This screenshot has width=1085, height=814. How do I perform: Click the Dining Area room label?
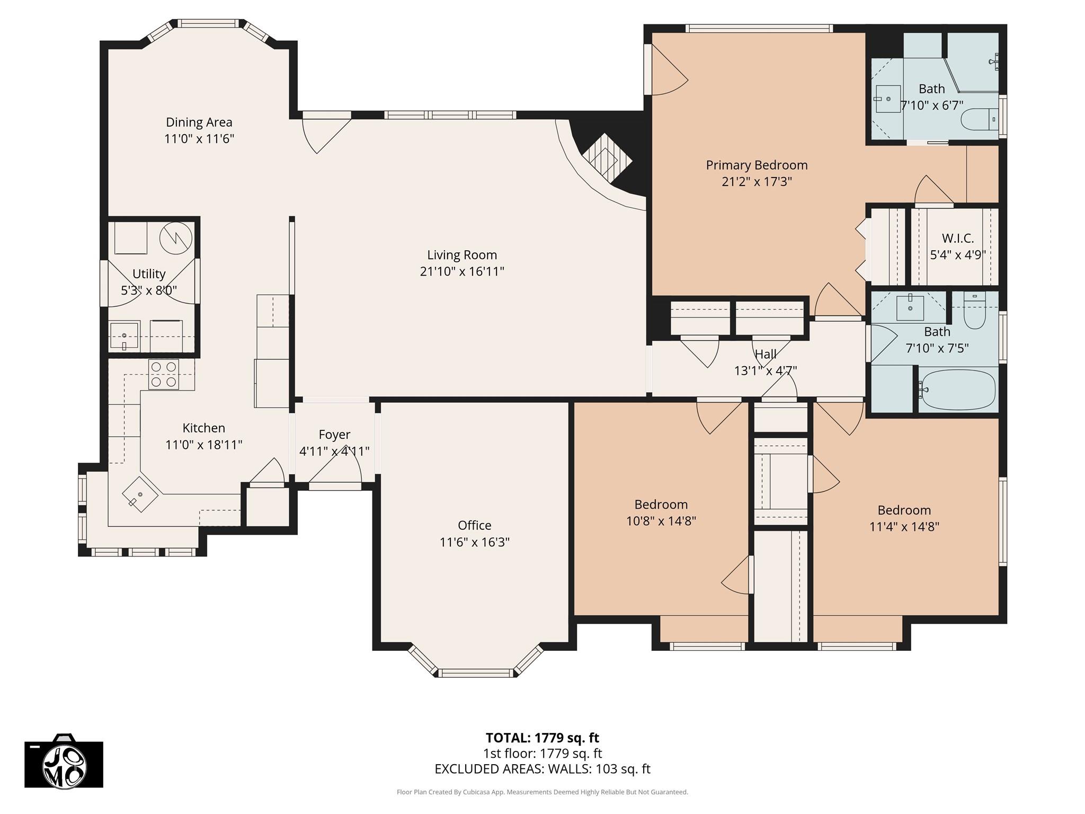point(199,122)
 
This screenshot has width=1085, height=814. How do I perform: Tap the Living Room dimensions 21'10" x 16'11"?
point(461,271)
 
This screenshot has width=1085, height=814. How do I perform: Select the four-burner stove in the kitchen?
point(163,374)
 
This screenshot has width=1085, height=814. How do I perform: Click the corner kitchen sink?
point(140,495)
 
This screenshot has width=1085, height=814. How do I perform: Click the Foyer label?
point(334,435)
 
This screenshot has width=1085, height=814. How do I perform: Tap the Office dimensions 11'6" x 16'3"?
point(474,542)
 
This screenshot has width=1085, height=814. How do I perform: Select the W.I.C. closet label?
point(957,238)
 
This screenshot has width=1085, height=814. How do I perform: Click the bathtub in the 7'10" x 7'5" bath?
point(958,390)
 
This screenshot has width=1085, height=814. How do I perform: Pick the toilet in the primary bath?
point(978,119)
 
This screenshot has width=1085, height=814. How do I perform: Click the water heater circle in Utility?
point(175,238)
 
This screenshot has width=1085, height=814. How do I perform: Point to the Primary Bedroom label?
point(757,165)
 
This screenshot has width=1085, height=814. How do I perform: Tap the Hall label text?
point(765,354)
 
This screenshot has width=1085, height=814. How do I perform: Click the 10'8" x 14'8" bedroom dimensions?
point(661,521)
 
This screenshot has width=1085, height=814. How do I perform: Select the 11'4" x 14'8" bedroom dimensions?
point(904,527)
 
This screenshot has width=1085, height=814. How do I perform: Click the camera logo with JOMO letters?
point(64,764)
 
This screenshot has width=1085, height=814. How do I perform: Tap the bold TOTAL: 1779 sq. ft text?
point(542,738)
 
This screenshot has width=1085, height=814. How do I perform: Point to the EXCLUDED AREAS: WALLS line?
point(542,769)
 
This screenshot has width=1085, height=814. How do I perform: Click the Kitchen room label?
point(203,428)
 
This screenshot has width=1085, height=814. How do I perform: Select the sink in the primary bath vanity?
point(887,99)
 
